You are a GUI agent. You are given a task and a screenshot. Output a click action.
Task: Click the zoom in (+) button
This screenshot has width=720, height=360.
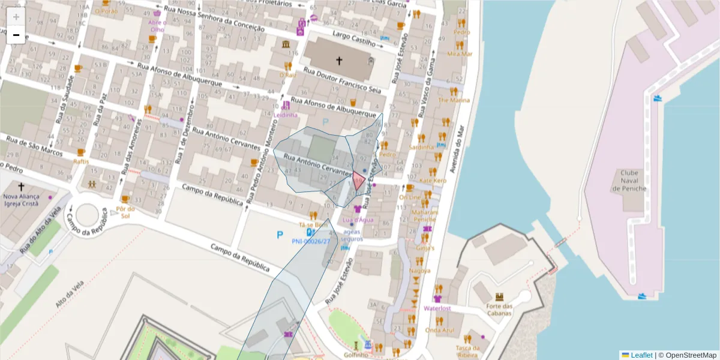coord(16,17)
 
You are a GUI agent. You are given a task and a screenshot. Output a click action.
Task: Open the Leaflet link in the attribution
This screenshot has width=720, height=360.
coord(641,355)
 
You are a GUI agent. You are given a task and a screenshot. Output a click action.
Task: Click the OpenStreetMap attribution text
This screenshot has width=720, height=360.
coord(690,355)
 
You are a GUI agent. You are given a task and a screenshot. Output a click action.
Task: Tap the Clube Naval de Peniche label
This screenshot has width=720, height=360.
coord(629,181)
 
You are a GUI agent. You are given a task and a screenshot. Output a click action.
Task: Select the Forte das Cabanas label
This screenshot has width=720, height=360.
coord(499,309)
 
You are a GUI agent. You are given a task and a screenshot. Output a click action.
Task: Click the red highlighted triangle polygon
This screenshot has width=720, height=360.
coord(359,180)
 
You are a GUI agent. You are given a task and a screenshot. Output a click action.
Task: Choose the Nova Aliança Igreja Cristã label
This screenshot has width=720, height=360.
coord(21,200)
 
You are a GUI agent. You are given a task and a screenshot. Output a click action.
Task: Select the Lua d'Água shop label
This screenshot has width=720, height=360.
coord(358,220)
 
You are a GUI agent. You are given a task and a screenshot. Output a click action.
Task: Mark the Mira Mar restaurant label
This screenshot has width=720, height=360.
coord(460,54)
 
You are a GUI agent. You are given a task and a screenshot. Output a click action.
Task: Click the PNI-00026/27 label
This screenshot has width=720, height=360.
coord(311,241)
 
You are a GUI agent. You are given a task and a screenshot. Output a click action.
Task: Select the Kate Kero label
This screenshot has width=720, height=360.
coord(433,181)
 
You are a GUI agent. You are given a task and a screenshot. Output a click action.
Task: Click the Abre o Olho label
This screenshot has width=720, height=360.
coord(157,26)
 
